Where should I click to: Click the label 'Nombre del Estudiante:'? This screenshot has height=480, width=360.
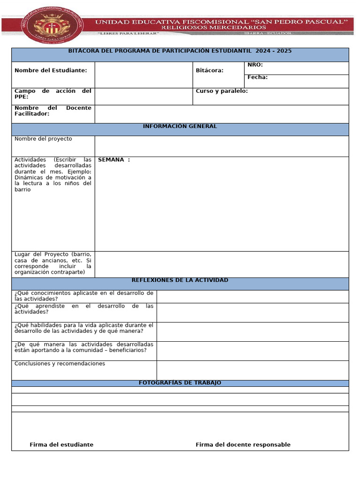point(51,70)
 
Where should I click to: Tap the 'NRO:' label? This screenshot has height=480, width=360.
point(255,65)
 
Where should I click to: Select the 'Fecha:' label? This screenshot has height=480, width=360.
point(257,77)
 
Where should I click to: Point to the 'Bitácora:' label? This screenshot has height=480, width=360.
point(210,70)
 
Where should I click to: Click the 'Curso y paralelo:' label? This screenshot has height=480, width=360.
point(222,91)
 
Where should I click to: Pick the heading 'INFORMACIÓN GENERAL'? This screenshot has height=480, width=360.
point(180,127)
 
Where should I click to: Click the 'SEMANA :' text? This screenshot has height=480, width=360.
point(114,160)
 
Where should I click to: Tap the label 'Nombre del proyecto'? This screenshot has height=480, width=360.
point(43,139)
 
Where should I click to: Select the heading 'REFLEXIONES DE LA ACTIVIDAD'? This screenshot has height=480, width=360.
point(180,280)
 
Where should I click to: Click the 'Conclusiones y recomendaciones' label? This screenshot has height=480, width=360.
point(60,364)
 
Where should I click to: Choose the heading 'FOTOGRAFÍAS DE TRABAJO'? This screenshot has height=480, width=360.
point(180,383)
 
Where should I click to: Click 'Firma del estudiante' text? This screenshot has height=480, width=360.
point(61,445)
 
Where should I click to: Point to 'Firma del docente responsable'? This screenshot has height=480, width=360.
point(243,445)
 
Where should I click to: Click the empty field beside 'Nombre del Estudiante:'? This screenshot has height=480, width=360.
point(143,75)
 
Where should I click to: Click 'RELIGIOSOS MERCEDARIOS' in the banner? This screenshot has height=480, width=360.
point(213,28)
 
